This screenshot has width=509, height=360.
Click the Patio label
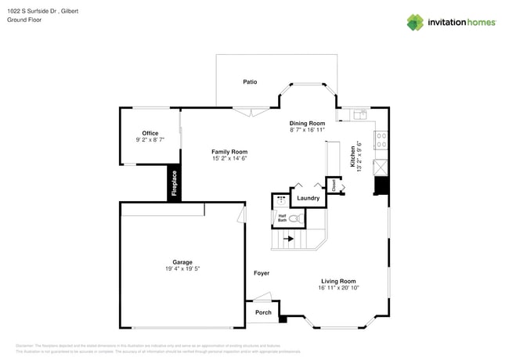pos(250,81)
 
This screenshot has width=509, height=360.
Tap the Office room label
pos(150,134)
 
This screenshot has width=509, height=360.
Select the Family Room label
pos(229,152)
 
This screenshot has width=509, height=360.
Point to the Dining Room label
pos(307,124)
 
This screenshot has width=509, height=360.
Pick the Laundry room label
pos(308,198)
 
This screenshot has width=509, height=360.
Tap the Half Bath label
pos(282,218)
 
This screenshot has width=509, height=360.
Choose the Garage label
pos(182,262)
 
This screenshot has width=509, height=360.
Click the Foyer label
pos(262,273)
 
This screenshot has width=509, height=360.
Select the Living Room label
pos(338,281)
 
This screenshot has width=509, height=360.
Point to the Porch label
pos(264,312)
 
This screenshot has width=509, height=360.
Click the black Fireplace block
pos(175,184)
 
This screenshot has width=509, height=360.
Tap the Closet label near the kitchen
pos(333,185)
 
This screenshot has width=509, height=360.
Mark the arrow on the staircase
pos(288,239)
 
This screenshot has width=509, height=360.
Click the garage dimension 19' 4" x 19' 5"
pos(182,269)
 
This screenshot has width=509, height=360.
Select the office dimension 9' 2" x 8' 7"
pos(150,140)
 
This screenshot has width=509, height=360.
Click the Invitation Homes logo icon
pos(415,22)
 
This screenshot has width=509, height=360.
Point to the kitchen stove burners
pos(381,140)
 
